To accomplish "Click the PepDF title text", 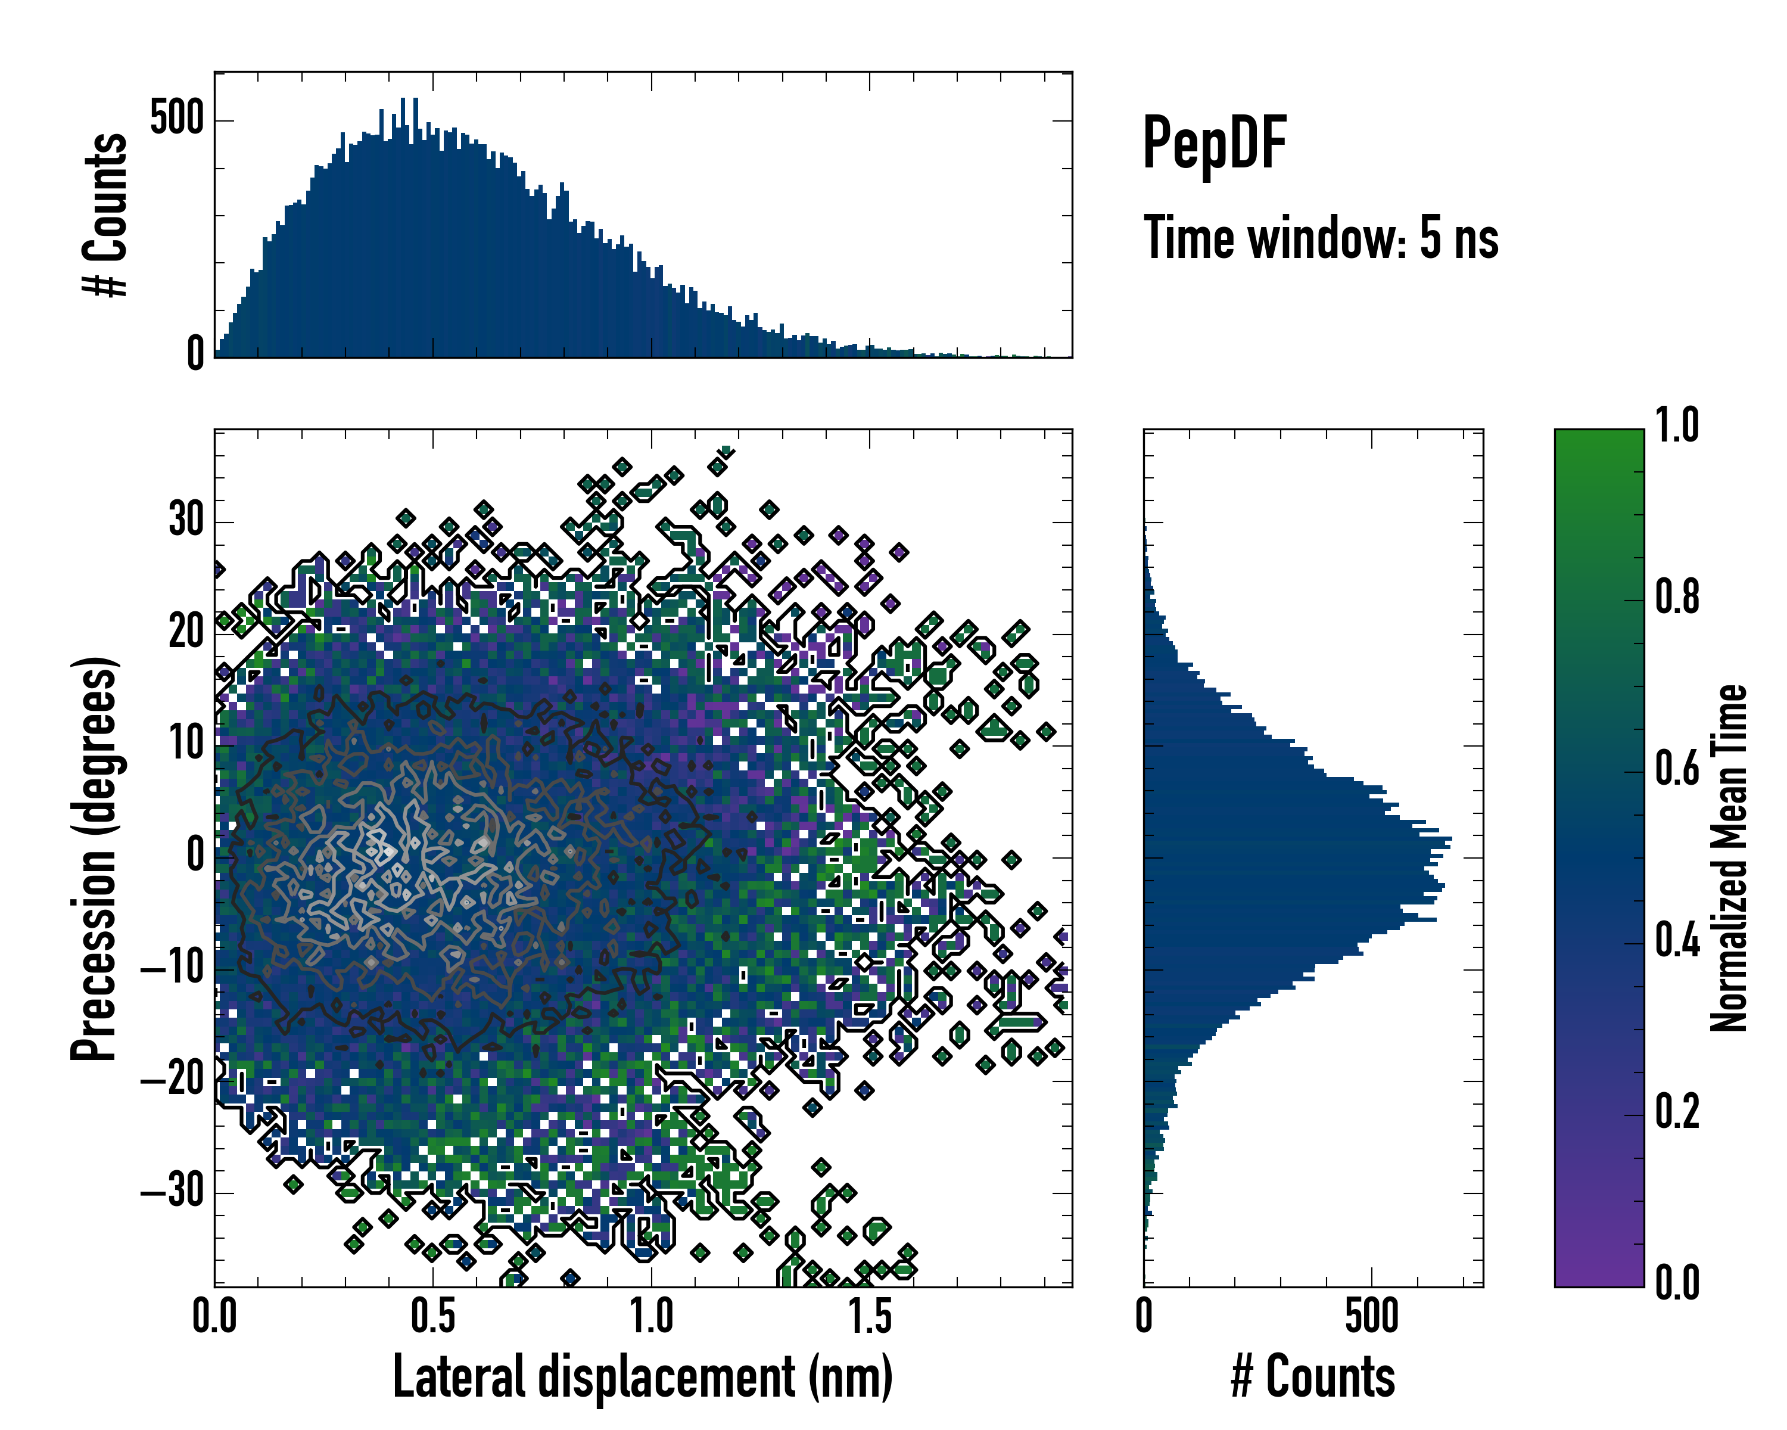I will [x=1213, y=144].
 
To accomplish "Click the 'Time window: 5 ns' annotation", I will [x=1321, y=238].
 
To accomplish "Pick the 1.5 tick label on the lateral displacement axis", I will [x=870, y=1316].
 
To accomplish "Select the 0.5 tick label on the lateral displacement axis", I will [x=432, y=1316].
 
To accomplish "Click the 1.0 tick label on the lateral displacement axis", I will [x=652, y=1316].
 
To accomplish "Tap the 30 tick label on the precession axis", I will [x=186, y=521].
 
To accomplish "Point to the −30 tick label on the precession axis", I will [x=172, y=1192].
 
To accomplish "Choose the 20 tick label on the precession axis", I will [x=186, y=633].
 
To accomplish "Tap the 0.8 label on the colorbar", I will [x=1677, y=597].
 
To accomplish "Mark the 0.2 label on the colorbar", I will [x=1677, y=1112].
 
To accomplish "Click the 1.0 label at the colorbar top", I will [x=1677, y=425].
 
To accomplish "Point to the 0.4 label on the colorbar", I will [x=1677, y=940].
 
